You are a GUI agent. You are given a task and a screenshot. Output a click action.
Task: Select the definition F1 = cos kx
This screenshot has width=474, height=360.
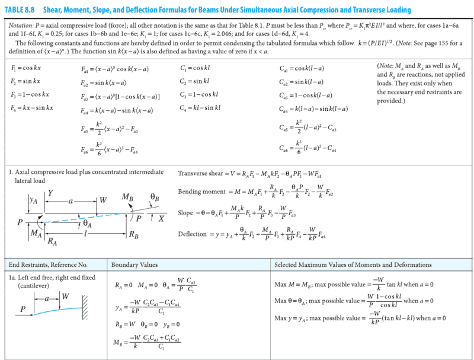26,69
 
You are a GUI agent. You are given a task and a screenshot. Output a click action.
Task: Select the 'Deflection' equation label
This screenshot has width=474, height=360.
192,234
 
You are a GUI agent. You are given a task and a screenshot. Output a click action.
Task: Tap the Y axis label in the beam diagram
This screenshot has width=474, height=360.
51,192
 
